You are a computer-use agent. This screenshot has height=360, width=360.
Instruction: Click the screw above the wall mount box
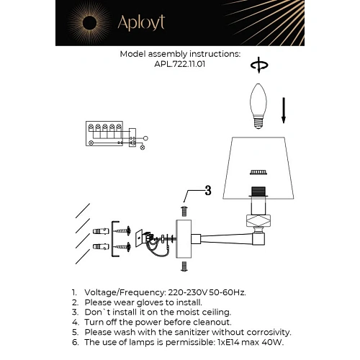183,210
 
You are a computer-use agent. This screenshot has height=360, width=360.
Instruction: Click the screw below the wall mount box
183,266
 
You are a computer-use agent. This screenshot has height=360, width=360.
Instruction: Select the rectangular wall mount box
191,238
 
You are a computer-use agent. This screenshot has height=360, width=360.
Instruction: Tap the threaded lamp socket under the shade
257,193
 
